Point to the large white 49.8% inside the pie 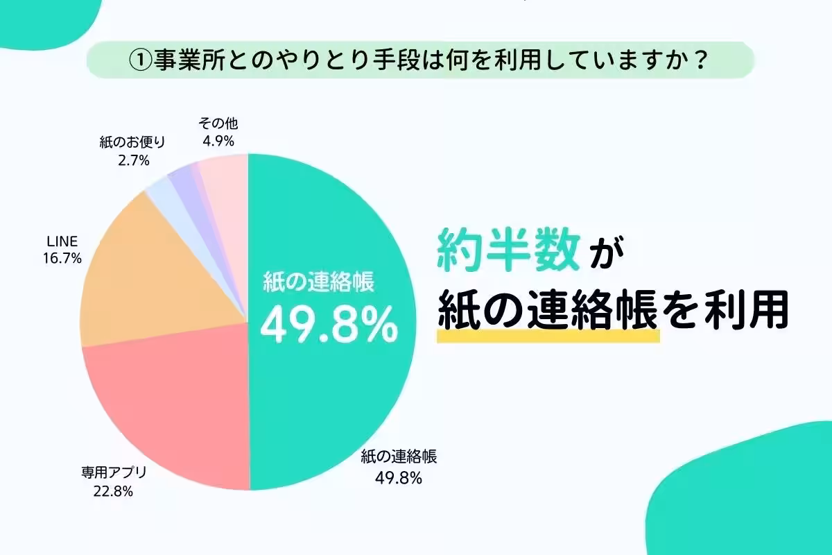(329, 324)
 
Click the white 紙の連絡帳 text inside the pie (319, 283)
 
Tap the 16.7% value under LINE (62, 258)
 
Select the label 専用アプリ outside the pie (112, 475)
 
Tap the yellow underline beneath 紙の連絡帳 (547, 336)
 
